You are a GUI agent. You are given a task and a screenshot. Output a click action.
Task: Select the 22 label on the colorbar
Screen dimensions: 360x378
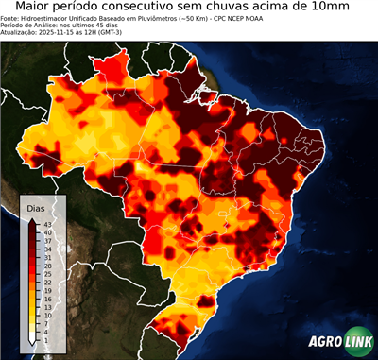[x=45, y=282]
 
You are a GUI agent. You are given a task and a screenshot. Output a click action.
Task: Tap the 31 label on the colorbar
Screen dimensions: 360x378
[x=45, y=257]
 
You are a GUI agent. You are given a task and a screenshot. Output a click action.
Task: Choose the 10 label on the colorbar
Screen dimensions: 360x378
[x=45, y=315]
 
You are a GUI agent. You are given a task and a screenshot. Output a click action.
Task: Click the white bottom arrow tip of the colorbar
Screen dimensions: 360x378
[x=33, y=342]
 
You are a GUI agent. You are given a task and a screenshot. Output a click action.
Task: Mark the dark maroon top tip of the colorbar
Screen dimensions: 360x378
[x=33, y=220]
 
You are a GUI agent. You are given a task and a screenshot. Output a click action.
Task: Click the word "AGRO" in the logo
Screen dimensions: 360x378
[x=327, y=341]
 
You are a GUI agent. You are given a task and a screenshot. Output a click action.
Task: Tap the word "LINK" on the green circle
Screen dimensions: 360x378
[x=359, y=341]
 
